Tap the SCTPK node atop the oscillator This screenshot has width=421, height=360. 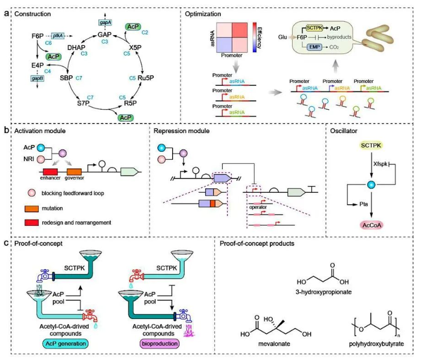tap(373, 147)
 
